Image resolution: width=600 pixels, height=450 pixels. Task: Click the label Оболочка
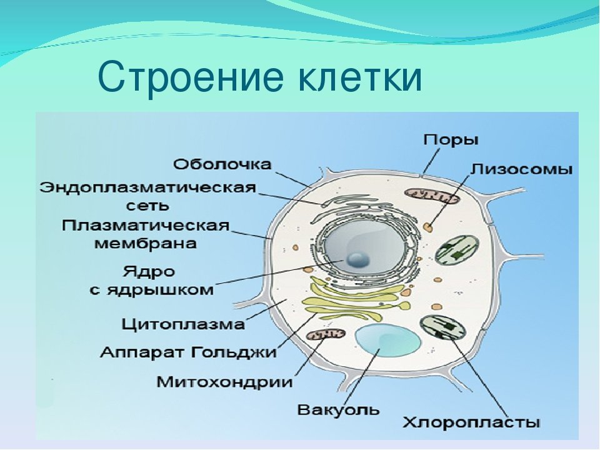click(222, 164)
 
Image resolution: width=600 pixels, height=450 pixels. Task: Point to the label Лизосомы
click(521, 169)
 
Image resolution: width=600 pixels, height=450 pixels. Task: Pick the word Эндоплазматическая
click(147, 188)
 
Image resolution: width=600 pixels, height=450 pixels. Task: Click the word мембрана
click(146, 243)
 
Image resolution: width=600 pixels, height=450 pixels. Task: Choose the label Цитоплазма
click(183, 324)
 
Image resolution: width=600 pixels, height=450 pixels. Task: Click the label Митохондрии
click(224, 382)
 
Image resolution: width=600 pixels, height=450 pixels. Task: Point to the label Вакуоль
click(338, 410)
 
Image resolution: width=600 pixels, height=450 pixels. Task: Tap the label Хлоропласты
click(471, 423)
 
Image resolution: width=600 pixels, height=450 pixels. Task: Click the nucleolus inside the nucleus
click(357, 260)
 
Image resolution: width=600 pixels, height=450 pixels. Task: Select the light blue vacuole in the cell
click(388, 341)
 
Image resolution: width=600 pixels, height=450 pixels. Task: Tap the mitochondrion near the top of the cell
click(432, 196)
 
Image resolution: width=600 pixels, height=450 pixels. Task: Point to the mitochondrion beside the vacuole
click(326, 335)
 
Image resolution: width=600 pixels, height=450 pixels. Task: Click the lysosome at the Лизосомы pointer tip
click(429, 227)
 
